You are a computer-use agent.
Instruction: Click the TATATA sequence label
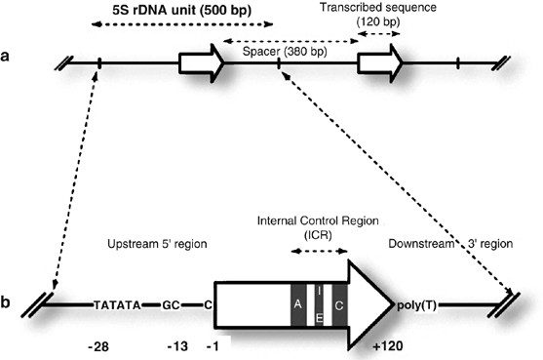[x=117, y=305]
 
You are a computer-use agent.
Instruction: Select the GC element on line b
[x=171, y=305]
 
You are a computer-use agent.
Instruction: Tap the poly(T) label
[x=416, y=305]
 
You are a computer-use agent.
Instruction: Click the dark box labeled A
[x=298, y=305]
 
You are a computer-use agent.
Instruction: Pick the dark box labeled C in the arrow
[x=339, y=305]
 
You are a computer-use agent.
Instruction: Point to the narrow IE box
[x=319, y=305]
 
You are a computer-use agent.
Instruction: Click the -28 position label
[x=98, y=346]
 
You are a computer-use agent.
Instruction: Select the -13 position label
[x=178, y=346]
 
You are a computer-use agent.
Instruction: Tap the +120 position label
[x=388, y=345]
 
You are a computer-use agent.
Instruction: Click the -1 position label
[x=213, y=346]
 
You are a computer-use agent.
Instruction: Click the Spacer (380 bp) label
[x=285, y=52]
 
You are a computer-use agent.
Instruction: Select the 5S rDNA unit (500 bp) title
[x=181, y=10]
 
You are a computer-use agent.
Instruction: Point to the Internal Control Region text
[x=318, y=220]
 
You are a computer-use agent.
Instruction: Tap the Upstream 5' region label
[x=157, y=244]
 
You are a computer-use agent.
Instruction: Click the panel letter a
[x=5, y=56]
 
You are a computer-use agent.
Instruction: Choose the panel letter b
[x=5, y=302]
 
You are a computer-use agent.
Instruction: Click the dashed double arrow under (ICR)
[x=319, y=251]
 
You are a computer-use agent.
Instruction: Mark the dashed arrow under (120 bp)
[x=379, y=33]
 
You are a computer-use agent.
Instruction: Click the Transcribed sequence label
[x=378, y=7]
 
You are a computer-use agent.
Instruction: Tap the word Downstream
[x=421, y=244]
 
